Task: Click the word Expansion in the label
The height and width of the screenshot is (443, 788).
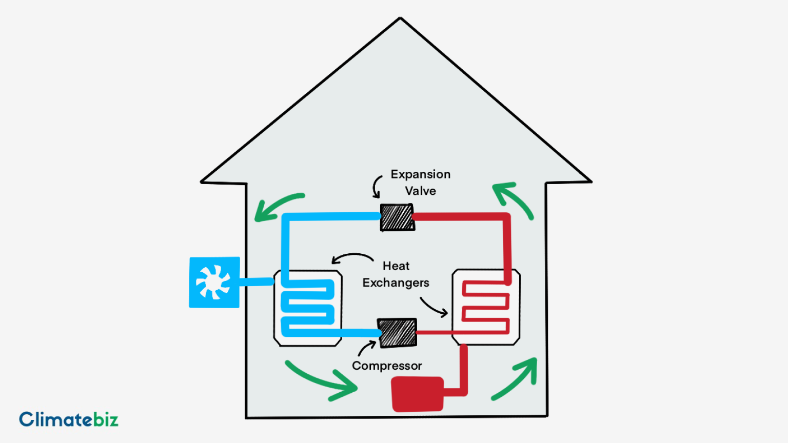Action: (420, 174)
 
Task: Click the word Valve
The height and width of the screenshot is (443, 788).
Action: (420, 191)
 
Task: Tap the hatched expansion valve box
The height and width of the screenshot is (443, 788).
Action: (397, 217)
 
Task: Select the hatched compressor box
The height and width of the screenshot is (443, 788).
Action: (397, 332)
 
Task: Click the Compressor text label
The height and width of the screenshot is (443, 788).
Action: (387, 366)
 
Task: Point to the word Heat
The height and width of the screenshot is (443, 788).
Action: (396, 266)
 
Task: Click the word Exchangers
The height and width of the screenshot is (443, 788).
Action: (396, 283)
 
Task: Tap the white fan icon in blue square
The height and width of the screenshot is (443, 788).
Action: (213, 282)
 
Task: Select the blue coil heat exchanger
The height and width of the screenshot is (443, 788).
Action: (308, 308)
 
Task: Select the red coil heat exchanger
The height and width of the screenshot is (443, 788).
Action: (486, 307)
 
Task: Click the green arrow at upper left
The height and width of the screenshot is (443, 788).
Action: (277, 206)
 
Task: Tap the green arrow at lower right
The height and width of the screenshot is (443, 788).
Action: (516, 378)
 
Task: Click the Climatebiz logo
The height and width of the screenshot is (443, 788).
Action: (69, 419)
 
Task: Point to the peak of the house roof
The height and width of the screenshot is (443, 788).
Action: (400, 19)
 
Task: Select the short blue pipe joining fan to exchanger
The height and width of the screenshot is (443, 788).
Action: (257, 281)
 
